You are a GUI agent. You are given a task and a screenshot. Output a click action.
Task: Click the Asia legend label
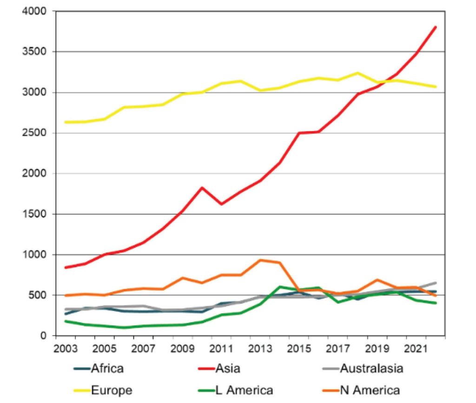pos(228,369)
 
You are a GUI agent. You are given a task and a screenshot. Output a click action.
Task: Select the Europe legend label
pos(112,390)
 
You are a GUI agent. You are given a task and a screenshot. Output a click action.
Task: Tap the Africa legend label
pos(108,369)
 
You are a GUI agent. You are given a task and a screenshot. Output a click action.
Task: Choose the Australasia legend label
pos(371,369)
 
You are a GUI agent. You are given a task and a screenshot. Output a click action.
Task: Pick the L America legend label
pos(244,390)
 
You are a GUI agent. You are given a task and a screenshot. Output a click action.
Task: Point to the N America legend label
pos(369,390)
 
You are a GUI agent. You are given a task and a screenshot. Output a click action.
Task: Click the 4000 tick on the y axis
pos(37,11)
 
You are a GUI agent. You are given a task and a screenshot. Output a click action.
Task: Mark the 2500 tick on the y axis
pos(37,133)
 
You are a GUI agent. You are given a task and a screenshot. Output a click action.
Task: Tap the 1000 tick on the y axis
pos(37,255)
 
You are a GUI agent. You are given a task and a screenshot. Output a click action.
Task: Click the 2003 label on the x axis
pos(66,348)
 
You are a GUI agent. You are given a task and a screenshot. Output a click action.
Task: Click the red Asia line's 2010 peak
pos(202,188)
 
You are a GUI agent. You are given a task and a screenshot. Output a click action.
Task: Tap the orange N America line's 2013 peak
pos(260,260)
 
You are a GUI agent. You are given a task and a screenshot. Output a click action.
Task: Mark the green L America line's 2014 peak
pos(280,287)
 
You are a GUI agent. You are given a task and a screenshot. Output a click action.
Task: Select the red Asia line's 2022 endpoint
pos(436,27)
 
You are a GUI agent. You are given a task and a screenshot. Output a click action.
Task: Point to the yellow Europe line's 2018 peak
pos(357,73)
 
